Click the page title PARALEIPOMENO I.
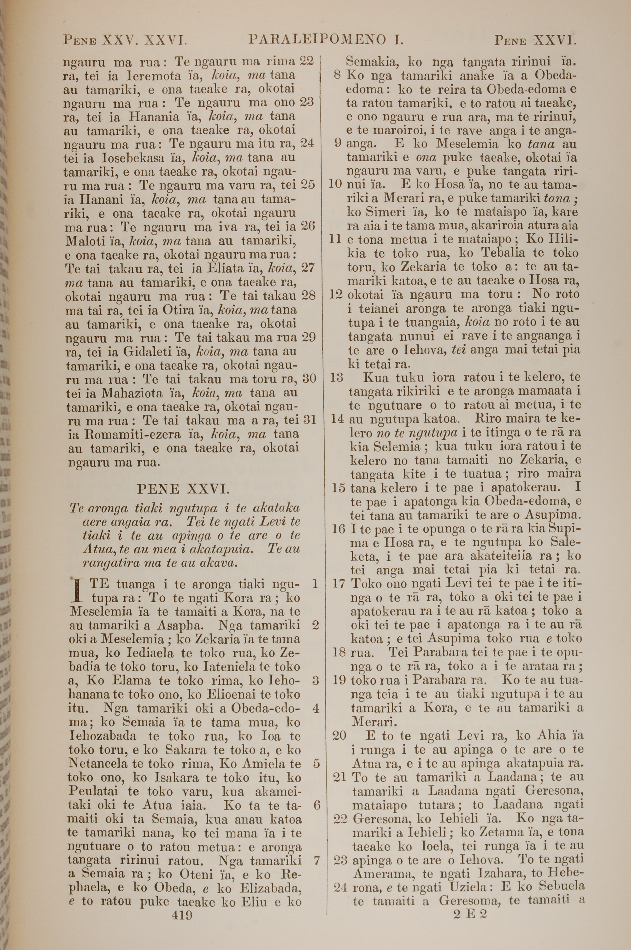pos(326,39)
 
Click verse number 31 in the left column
pos(310,420)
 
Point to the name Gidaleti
pos(148,352)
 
